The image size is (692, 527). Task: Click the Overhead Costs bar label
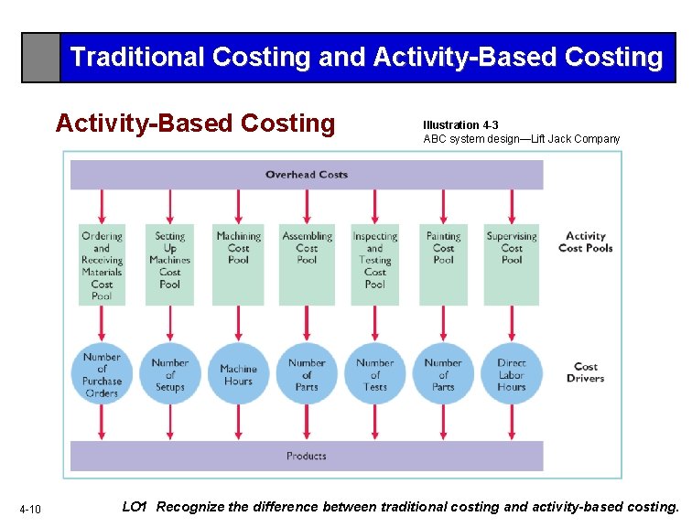pyautogui.click(x=307, y=175)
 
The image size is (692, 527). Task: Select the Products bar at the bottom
pyautogui.click(x=307, y=456)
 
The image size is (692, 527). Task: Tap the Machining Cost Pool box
pyautogui.click(x=238, y=263)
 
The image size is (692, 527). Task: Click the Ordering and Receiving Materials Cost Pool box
pyautogui.click(x=102, y=264)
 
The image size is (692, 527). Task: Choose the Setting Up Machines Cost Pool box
pyautogui.click(x=170, y=263)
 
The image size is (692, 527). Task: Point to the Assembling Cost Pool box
pyautogui.click(x=307, y=263)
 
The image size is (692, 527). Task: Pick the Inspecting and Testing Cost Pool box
pyautogui.click(x=375, y=263)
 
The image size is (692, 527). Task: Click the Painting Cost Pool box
pyautogui.click(x=443, y=263)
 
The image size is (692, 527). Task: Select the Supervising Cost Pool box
pyautogui.click(x=512, y=263)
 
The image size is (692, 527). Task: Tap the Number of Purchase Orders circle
pyautogui.click(x=102, y=374)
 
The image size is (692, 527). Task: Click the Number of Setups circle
pyautogui.click(x=170, y=374)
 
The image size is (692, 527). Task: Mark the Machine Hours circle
pyautogui.click(x=238, y=374)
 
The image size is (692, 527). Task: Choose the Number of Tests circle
pyautogui.click(x=375, y=374)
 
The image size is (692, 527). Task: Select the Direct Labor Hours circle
pyautogui.click(x=512, y=374)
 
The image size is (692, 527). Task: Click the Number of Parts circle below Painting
pyautogui.click(x=443, y=374)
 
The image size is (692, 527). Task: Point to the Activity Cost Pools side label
pyautogui.click(x=585, y=242)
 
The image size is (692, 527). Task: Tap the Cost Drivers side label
pyautogui.click(x=585, y=372)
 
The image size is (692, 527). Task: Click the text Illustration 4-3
pyautogui.click(x=460, y=124)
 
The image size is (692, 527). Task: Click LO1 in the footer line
pyautogui.click(x=135, y=507)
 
